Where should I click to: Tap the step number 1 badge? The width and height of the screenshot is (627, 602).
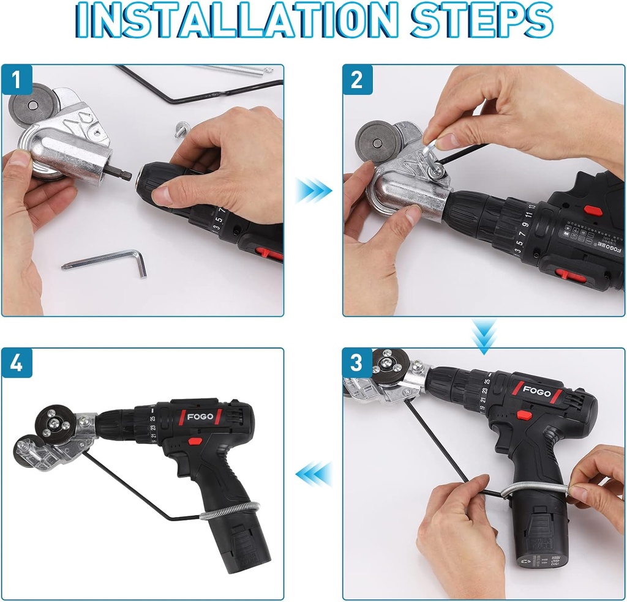coord(17,80)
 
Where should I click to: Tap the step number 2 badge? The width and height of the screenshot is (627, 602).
coord(357,80)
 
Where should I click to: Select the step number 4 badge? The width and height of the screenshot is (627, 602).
coord(17,363)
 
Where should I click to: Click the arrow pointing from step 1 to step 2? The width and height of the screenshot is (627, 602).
coord(313,190)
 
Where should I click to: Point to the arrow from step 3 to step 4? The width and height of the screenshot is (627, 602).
coord(313,474)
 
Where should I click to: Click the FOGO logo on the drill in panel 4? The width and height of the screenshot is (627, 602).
coord(200,417)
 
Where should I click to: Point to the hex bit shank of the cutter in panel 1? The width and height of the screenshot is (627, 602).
coord(122,174)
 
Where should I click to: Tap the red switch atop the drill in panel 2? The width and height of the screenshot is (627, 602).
coord(592,210)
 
